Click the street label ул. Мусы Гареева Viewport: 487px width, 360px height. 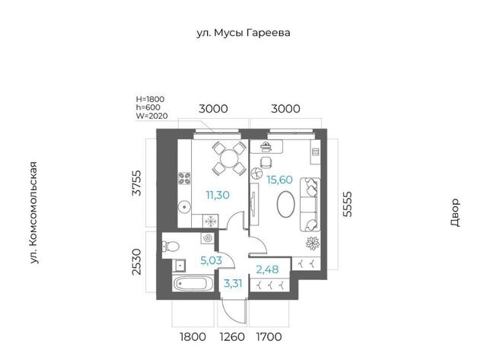point(243,33)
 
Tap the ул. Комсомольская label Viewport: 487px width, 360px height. point(33,213)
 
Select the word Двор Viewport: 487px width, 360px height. point(455,213)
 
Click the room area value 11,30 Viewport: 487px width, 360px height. point(218,195)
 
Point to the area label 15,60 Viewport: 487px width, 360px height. point(280,180)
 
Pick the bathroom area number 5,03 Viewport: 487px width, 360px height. point(212,260)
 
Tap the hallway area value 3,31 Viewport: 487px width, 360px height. point(233,284)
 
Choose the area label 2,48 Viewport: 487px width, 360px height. point(267,269)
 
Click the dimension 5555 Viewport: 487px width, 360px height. point(348,204)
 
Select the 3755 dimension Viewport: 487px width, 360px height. point(137,183)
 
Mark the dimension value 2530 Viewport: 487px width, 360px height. point(137,262)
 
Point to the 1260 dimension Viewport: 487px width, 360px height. point(232,336)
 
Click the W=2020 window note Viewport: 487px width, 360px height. point(152,116)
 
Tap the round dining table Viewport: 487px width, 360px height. point(229,158)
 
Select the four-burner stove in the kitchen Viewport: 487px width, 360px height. point(184,178)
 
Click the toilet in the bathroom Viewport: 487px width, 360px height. point(170,247)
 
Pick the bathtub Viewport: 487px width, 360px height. point(193,284)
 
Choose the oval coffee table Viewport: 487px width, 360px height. point(286,204)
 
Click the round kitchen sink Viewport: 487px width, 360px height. point(184,206)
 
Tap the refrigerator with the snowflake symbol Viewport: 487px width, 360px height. point(211,221)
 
